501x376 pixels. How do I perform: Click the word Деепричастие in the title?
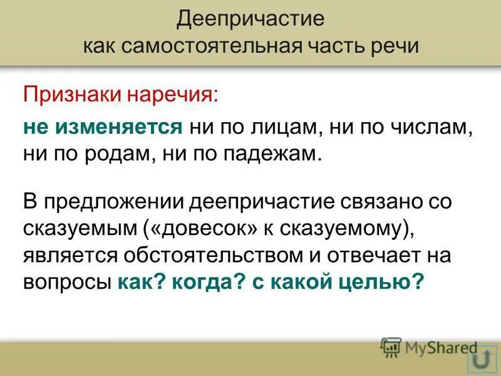250,18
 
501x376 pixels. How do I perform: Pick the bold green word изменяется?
119,127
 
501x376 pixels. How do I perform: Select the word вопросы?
68,283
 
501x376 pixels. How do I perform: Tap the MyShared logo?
428,348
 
